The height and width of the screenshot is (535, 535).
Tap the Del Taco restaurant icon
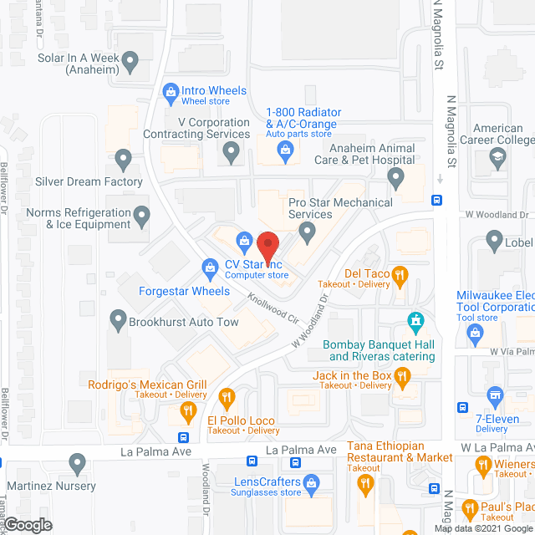tap(400, 273)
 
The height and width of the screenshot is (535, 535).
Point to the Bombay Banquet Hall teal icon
tap(414, 320)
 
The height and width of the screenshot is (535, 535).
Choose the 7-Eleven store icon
tap(495, 394)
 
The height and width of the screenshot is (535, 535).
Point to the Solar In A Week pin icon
tap(130, 59)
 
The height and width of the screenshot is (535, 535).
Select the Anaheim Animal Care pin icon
tap(396, 176)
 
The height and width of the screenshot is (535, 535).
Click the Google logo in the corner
tap(28, 524)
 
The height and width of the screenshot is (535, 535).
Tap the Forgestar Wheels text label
tap(184, 291)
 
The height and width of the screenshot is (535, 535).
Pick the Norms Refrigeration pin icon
tap(142, 218)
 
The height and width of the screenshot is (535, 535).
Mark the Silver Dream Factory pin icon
tap(124, 156)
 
